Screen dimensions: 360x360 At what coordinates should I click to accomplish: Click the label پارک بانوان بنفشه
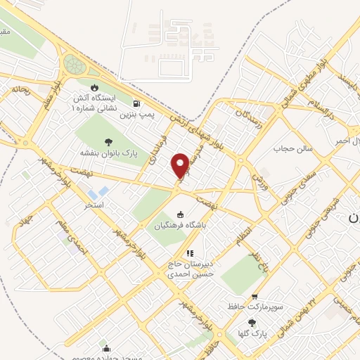107,151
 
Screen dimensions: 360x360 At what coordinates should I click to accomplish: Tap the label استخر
94,205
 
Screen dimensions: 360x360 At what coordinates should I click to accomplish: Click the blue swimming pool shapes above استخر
98,191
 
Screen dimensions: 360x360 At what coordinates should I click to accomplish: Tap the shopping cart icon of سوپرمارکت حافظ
255,297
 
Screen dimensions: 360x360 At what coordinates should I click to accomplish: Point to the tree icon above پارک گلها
252,323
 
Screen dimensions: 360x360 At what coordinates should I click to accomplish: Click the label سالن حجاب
292,149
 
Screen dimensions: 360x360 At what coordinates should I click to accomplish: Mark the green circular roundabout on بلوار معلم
74,65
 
